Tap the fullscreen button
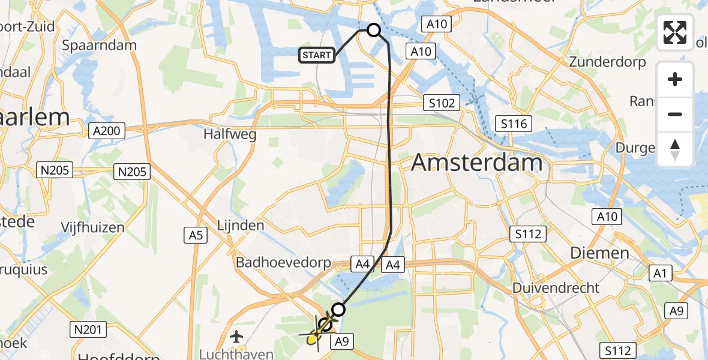(x=675, y=32)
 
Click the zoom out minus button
(x=675, y=114)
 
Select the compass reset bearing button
(x=675, y=149)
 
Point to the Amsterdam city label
(x=477, y=163)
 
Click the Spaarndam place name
(x=100, y=45)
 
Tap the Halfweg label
(x=230, y=134)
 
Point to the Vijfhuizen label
(x=92, y=227)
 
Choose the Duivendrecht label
(x=556, y=288)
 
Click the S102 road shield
(x=442, y=103)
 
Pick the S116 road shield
(x=514, y=124)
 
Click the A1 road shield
(x=661, y=274)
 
